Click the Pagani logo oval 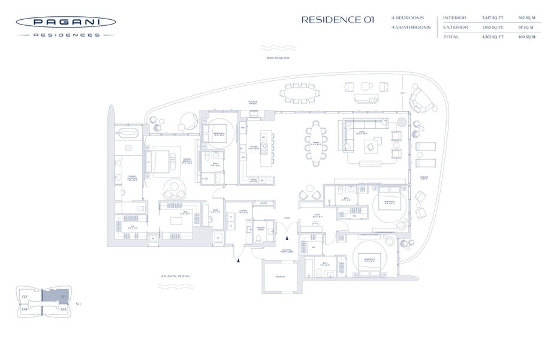tap(65, 22)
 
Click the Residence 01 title tap(338, 19)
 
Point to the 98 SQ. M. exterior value tap(526, 28)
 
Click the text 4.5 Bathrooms tap(411, 28)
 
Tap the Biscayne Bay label tap(278, 58)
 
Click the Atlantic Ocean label tap(175, 276)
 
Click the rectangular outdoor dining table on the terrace tap(302, 93)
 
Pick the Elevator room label tap(280, 277)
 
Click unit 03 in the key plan tap(63, 309)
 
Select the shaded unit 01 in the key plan tap(58, 296)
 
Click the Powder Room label tap(260, 229)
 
